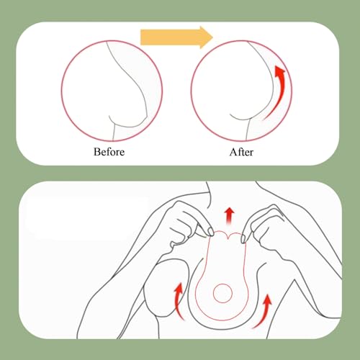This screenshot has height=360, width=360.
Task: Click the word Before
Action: coord(109,152)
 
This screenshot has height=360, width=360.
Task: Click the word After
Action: coord(243,152)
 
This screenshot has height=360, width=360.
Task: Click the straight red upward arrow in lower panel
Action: coord(228,215)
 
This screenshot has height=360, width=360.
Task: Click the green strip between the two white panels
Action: coord(180,174)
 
